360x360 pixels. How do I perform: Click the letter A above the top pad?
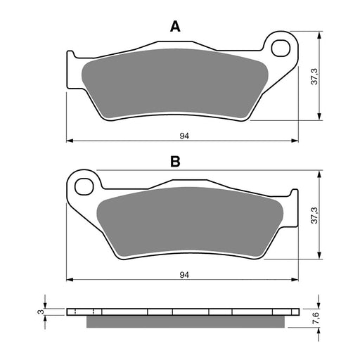[175, 27]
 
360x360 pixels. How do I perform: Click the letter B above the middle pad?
[175, 162]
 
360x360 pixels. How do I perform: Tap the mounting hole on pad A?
[282, 49]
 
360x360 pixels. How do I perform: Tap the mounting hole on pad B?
[85, 186]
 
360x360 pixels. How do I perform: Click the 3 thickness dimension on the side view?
[39, 310]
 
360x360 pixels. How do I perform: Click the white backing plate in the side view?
[183, 311]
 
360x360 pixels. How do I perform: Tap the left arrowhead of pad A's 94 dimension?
[69, 141]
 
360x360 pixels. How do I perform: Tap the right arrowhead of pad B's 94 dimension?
[296, 279]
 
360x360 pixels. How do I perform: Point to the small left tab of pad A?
[70, 56]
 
